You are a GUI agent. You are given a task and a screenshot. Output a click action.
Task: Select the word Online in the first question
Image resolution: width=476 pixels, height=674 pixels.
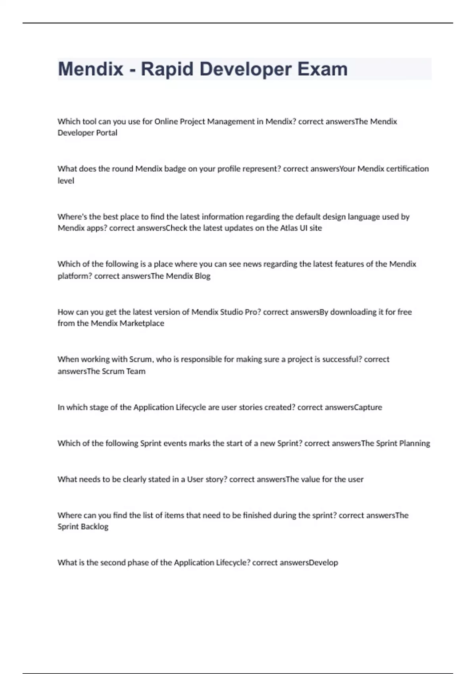[166, 121]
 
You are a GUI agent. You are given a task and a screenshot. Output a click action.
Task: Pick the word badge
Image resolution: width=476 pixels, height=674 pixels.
[175, 169]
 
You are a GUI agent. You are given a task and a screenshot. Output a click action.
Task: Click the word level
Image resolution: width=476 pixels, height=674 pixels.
[66, 181]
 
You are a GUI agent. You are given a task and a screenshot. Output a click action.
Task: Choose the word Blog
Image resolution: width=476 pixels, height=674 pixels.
[202, 276]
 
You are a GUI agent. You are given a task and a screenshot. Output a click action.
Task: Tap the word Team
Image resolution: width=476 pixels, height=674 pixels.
[136, 371]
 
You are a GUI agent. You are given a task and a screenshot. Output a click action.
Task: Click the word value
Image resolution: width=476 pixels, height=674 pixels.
[310, 479]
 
